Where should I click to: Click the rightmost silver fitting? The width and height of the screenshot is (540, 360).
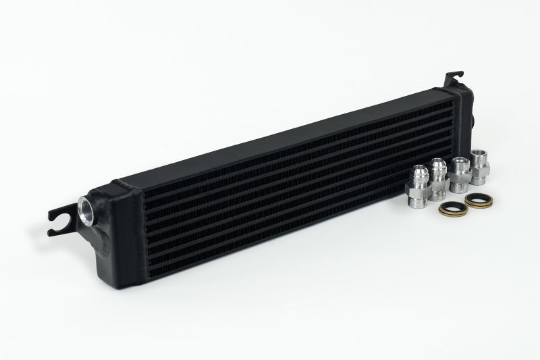[x=480, y=166]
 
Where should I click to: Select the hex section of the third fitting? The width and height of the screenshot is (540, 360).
[x=460, y=177]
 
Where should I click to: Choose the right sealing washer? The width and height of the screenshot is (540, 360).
[x=477, y=202]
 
